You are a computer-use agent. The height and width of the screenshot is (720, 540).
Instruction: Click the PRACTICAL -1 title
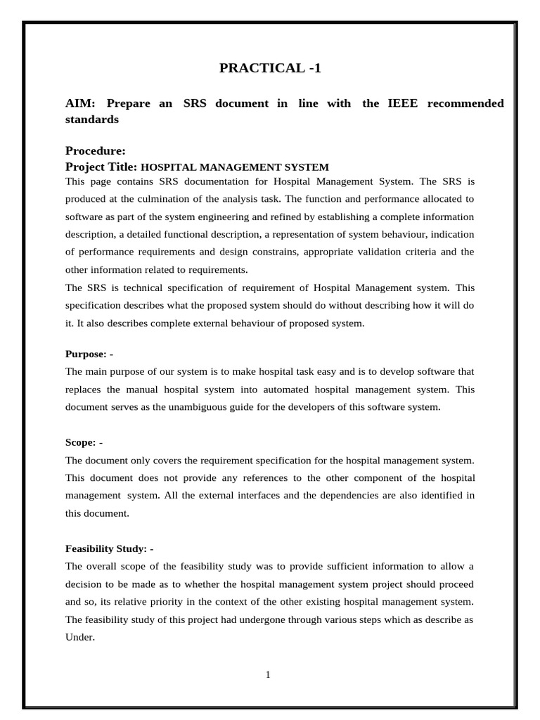coord(270,68)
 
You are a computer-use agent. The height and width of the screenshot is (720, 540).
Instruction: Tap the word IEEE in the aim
coord(403,103)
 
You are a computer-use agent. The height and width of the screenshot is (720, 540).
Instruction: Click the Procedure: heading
coord(95,150)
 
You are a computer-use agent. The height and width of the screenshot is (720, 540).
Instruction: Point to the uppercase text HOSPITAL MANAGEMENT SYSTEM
coord(235,167)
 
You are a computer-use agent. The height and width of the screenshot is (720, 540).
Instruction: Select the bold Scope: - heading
coord(84,442)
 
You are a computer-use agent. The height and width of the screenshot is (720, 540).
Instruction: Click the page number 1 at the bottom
coord(268,675)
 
